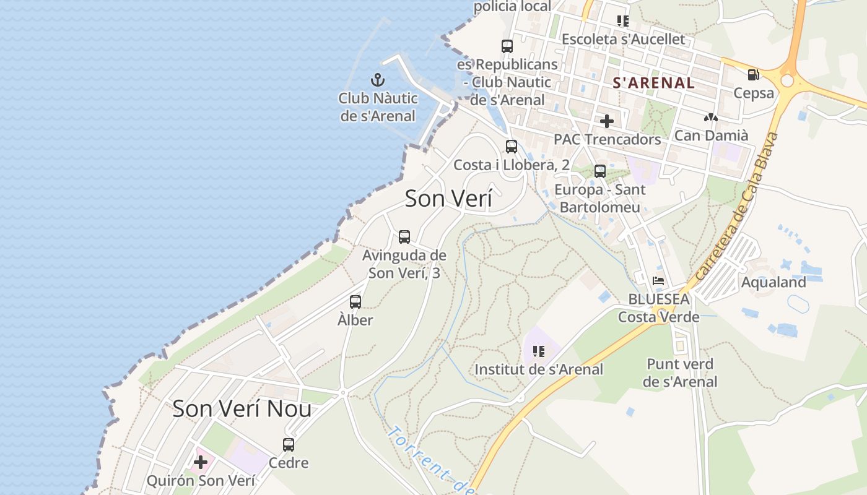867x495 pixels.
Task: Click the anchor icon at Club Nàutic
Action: click(x=378, y=80)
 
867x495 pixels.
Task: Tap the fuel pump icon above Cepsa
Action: click(x=753, y=75)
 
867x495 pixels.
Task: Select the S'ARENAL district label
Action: click(x=653, y=83)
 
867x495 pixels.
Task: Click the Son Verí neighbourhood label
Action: click(x=448, y=199)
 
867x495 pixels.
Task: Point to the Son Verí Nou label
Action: click(x=242, y=409)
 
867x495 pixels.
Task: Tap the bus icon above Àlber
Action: click(x=355, y=302)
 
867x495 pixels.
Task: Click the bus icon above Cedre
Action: click(x=289, y=444)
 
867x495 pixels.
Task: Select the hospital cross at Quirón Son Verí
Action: click(x=201, y=462)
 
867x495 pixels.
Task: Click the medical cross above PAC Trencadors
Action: click(x=606, y=121)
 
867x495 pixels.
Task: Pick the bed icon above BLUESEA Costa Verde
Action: click(x=658, y=280)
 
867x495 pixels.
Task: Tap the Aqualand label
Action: click(x=773, y=282)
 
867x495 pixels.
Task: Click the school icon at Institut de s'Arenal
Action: click(x=539, y=351)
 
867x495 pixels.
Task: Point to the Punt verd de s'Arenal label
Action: click(x=680, y=372)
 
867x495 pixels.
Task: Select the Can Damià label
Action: click(x=711, y=135)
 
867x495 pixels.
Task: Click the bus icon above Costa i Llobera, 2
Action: click(x=512, y=147)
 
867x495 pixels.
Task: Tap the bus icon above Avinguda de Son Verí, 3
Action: click(x=404, y=236)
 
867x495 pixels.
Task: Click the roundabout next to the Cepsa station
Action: click(x=787, y=81)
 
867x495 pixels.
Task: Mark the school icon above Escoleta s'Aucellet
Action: click(x=623, y=21)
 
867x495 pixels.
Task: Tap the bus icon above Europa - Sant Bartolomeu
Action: click(x=599, y=171)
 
